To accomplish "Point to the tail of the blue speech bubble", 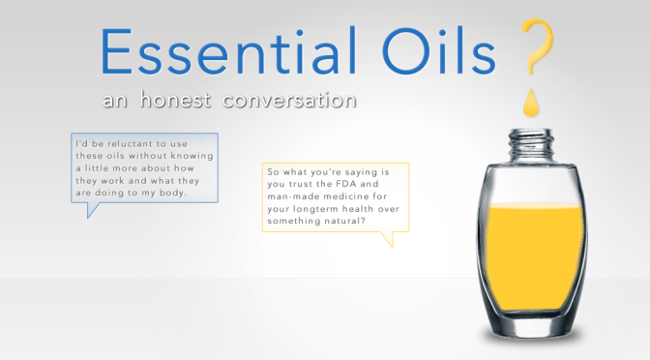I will (93, 210).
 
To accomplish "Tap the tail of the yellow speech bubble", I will (388, 238).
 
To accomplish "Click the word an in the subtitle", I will (120, 100).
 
